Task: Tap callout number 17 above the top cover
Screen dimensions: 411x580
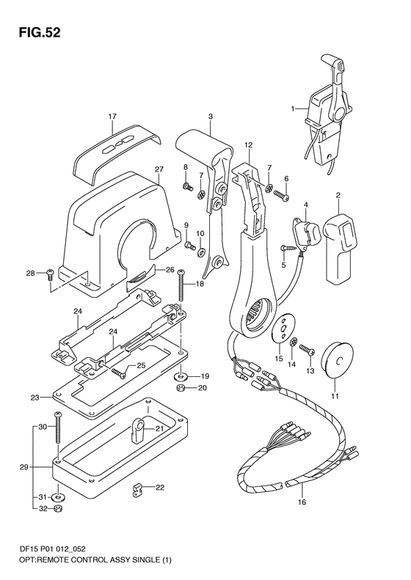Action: pos(112,116)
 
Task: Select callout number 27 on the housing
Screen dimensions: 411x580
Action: pos(159,169)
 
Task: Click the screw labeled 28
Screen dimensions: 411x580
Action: pos(51,274)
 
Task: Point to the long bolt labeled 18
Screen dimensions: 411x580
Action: pos(181,284)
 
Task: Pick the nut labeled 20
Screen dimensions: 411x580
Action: pos(181,388)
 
